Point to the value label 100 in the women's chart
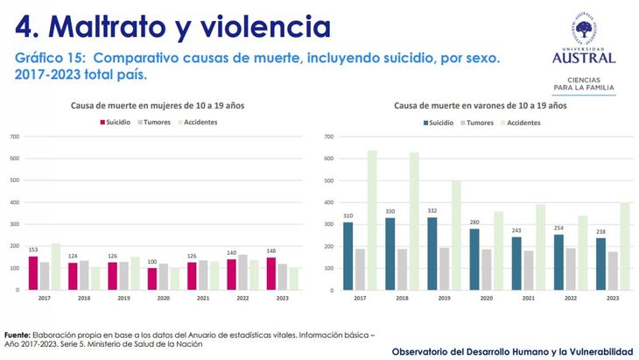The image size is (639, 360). point(152,261)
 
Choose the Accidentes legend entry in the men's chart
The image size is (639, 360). point(522,123)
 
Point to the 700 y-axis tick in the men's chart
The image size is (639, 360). point(328,138)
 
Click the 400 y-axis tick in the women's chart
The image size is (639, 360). point(15,202)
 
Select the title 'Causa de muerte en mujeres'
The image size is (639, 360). point(158,105)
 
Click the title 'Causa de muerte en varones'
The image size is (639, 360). point(481,105)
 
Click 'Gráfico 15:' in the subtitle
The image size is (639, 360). point(51,58)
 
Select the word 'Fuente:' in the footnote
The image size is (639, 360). point(18,335)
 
